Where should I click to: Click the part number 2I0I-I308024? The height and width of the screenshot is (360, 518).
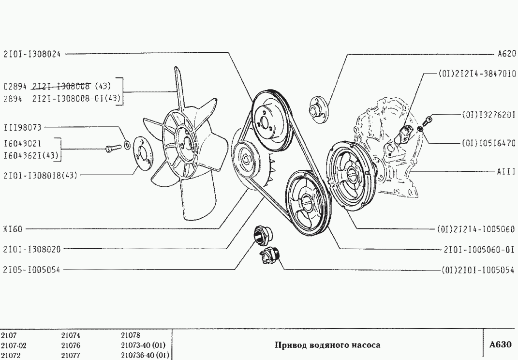32,54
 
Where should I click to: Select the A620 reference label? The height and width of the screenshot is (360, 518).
506,54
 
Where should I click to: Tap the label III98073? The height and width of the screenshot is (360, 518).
22,127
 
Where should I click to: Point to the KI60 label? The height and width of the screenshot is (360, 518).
13,229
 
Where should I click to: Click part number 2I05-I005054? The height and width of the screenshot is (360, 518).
32,270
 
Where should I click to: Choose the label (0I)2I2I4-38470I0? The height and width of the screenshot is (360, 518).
477,74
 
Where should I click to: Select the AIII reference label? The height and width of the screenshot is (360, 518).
506,171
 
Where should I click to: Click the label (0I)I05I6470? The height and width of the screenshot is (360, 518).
488,144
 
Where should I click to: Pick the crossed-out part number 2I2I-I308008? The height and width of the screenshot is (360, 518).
61,86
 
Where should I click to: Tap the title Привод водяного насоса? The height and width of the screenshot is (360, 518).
327,345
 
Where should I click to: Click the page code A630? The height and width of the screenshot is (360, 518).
500,345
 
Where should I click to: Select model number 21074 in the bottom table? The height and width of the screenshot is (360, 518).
71,335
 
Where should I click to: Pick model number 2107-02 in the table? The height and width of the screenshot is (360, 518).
14,346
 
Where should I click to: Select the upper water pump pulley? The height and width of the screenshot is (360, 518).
273,120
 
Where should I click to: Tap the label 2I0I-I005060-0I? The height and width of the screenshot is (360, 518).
479,250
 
